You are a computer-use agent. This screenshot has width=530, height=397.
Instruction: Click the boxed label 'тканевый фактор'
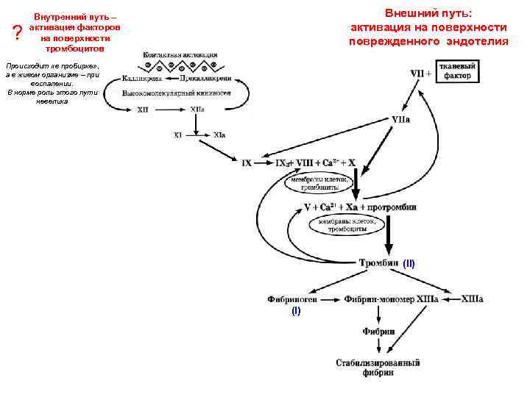458,72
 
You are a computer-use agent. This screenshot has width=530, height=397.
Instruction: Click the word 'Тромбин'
378,262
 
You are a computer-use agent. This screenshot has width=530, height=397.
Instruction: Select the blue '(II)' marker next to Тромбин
409,262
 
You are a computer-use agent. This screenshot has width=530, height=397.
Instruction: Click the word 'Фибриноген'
292,300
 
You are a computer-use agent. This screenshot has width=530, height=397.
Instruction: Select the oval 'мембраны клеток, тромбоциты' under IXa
322,182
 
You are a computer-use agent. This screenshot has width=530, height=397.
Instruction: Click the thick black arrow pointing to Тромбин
389,235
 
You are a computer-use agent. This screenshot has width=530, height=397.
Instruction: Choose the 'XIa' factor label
220,135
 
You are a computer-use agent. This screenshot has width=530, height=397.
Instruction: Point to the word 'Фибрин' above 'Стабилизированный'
378,332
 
